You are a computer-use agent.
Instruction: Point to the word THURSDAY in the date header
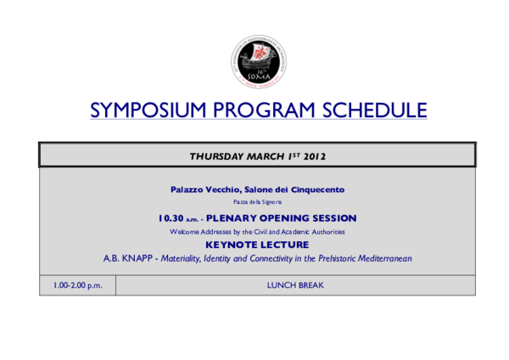[x=219, y=155]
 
